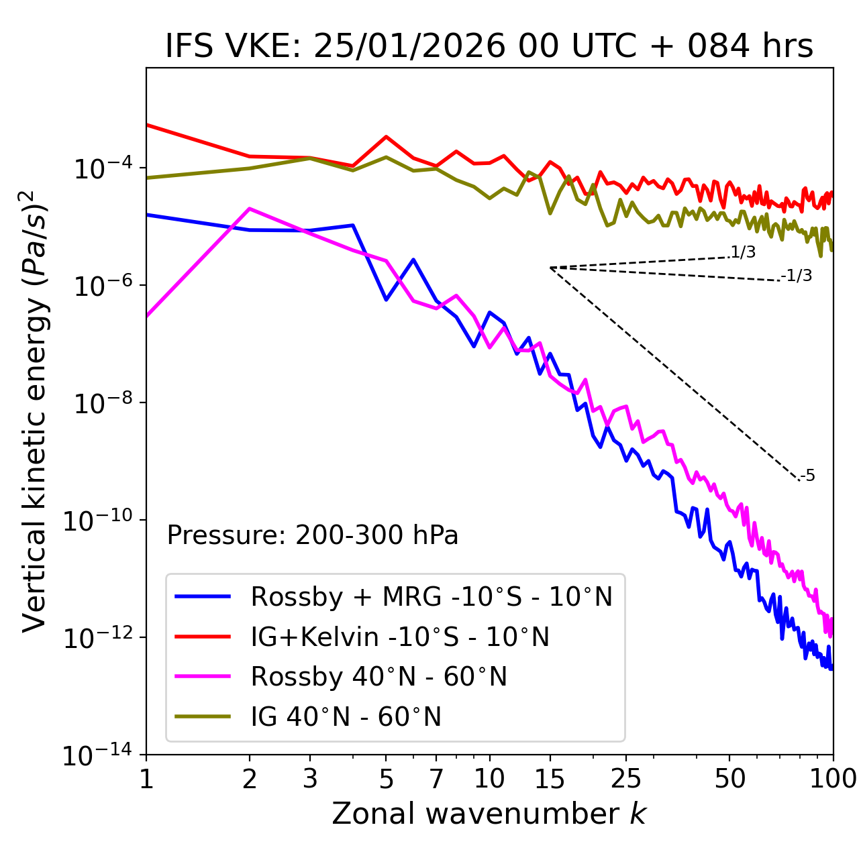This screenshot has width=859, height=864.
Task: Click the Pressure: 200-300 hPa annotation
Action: (x=312, y=535)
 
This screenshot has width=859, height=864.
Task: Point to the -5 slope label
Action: (x=808, y=476)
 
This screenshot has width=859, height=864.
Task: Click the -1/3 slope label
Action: (x=797, y=276)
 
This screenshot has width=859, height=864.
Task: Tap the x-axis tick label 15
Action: (x=550, y=779)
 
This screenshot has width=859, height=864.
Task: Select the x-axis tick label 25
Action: (x=626, y=779)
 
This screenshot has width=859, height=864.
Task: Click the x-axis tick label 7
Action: (x=436, y=779)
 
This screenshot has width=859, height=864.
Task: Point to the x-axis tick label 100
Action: (x=833, y=779)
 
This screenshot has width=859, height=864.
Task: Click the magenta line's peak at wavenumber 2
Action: (x=250, y=209)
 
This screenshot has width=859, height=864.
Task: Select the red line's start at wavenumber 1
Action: (x=147, y=125)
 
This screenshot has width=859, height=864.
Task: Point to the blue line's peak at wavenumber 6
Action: (x=413, y=260)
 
